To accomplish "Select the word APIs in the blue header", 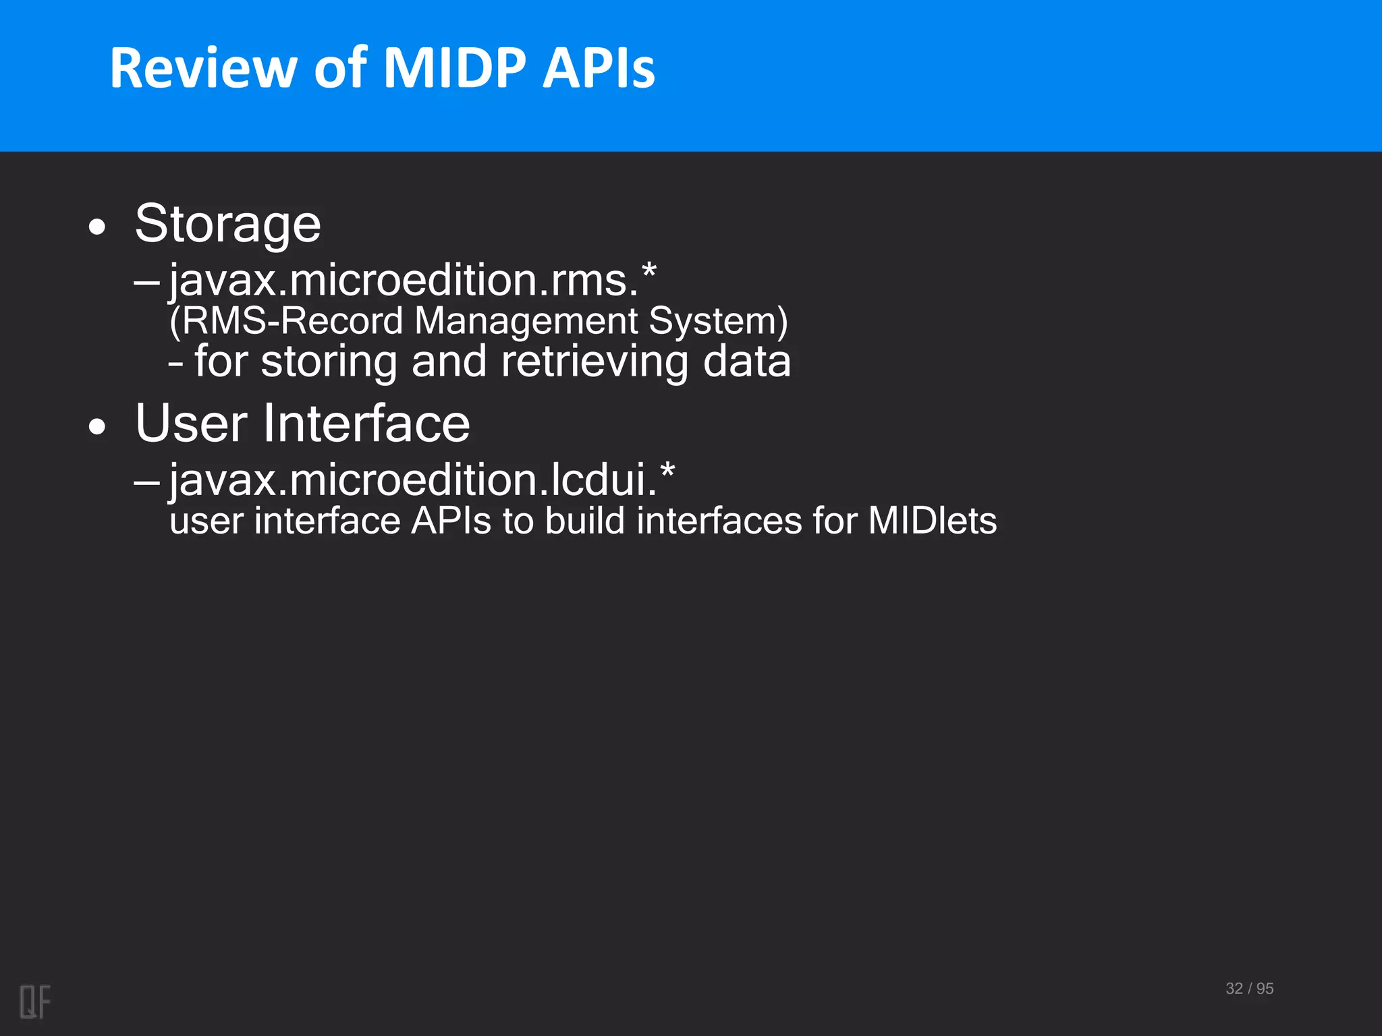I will [599, 68].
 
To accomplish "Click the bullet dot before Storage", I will [97, 228].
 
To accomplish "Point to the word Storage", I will [228, 224].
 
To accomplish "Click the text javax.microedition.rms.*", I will [412, 279].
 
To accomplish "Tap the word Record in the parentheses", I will [342, 320].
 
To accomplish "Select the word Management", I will [526, 320].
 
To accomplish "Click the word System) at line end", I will [718, 320].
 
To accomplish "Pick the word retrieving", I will [595, 362].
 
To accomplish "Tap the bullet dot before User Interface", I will [97, 427].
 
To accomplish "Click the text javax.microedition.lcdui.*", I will [422, 480].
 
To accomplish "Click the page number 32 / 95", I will [1249, 988].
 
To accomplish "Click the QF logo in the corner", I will [35, 1002].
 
